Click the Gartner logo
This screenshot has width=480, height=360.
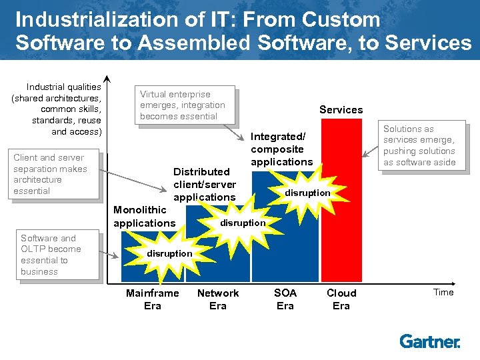429,341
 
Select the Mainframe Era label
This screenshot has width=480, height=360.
152,299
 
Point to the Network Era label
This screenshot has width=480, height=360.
218,299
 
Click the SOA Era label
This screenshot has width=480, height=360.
285,299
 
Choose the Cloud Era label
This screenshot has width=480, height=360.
341,299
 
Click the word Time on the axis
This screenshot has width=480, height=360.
443,292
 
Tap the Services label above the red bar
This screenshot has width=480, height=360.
341,110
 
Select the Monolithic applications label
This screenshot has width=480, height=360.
144,217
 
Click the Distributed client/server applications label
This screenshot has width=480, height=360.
205,184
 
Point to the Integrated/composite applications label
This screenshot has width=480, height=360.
281,149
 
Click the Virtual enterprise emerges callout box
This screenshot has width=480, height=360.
186,105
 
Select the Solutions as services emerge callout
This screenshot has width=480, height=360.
419,145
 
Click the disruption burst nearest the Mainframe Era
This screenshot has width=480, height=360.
169,253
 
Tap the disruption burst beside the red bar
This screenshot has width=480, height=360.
307,193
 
